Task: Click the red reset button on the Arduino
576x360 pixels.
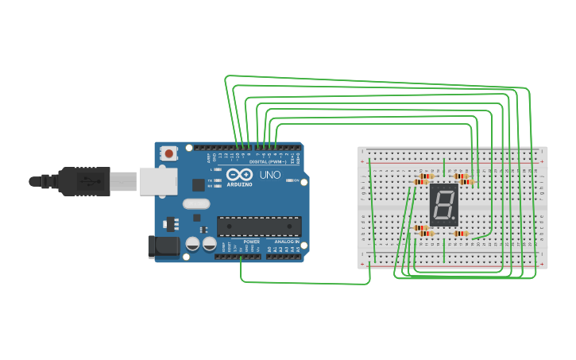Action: [168, 153]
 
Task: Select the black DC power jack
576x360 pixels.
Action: [163, 246]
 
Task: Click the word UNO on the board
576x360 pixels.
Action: [270, 175]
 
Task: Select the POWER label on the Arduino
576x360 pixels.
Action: [251, 242]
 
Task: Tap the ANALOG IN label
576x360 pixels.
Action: [288, 242]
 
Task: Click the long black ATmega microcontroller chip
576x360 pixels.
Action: [259, 226]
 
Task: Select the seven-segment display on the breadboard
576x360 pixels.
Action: [444, 204]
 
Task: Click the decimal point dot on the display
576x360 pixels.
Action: [454, 219]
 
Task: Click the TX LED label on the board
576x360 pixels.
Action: [211, 180]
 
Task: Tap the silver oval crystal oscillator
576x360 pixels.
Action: [195, 203]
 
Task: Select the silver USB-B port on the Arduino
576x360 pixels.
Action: [157, 180]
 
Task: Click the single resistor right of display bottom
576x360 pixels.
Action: [462, 234]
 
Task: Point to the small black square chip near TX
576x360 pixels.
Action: [198, 185]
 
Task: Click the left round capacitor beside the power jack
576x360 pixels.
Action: [192, 243]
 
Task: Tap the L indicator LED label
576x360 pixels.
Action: [211, 169]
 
